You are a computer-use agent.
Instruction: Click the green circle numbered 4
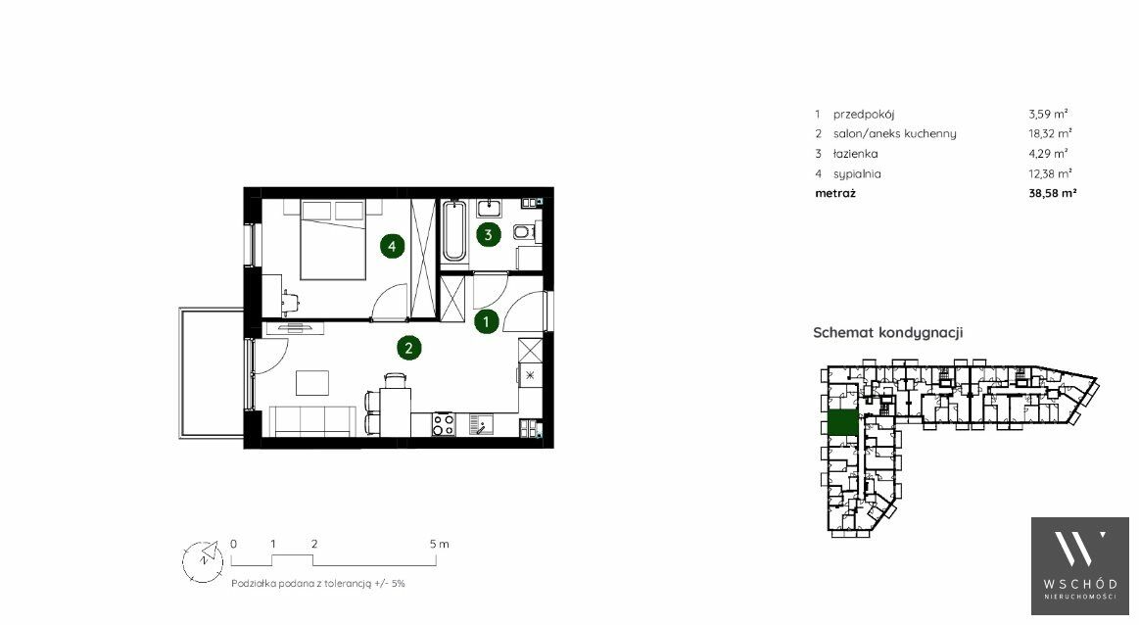(x=393, y=246)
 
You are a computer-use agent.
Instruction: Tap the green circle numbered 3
(x=488, y=235)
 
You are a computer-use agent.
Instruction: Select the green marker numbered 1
(x=486, y=321)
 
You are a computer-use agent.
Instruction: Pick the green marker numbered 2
(x=409, y=348)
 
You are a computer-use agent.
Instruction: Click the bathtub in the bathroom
(x=454, y=231)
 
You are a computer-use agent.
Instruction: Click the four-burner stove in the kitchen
(x=443, y=424)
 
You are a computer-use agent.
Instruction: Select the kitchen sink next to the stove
(x=481, y=424)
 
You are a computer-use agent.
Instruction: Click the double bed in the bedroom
(x=333, y=240)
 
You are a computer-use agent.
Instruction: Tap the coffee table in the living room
(x=312, y=383)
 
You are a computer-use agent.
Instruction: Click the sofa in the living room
(x=313, y=421)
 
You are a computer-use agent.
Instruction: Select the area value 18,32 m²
(x=1050, y=134)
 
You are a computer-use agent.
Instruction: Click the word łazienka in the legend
(x=856, y=154)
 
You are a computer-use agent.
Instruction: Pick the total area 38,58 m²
(x=1053, y=193)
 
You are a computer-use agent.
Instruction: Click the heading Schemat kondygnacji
(x=887, y=333)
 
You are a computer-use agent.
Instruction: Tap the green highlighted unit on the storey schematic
(x=842, y=423)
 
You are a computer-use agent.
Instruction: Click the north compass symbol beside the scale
(x=202, y=561)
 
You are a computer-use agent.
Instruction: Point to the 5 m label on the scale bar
(x=439, y=544)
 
